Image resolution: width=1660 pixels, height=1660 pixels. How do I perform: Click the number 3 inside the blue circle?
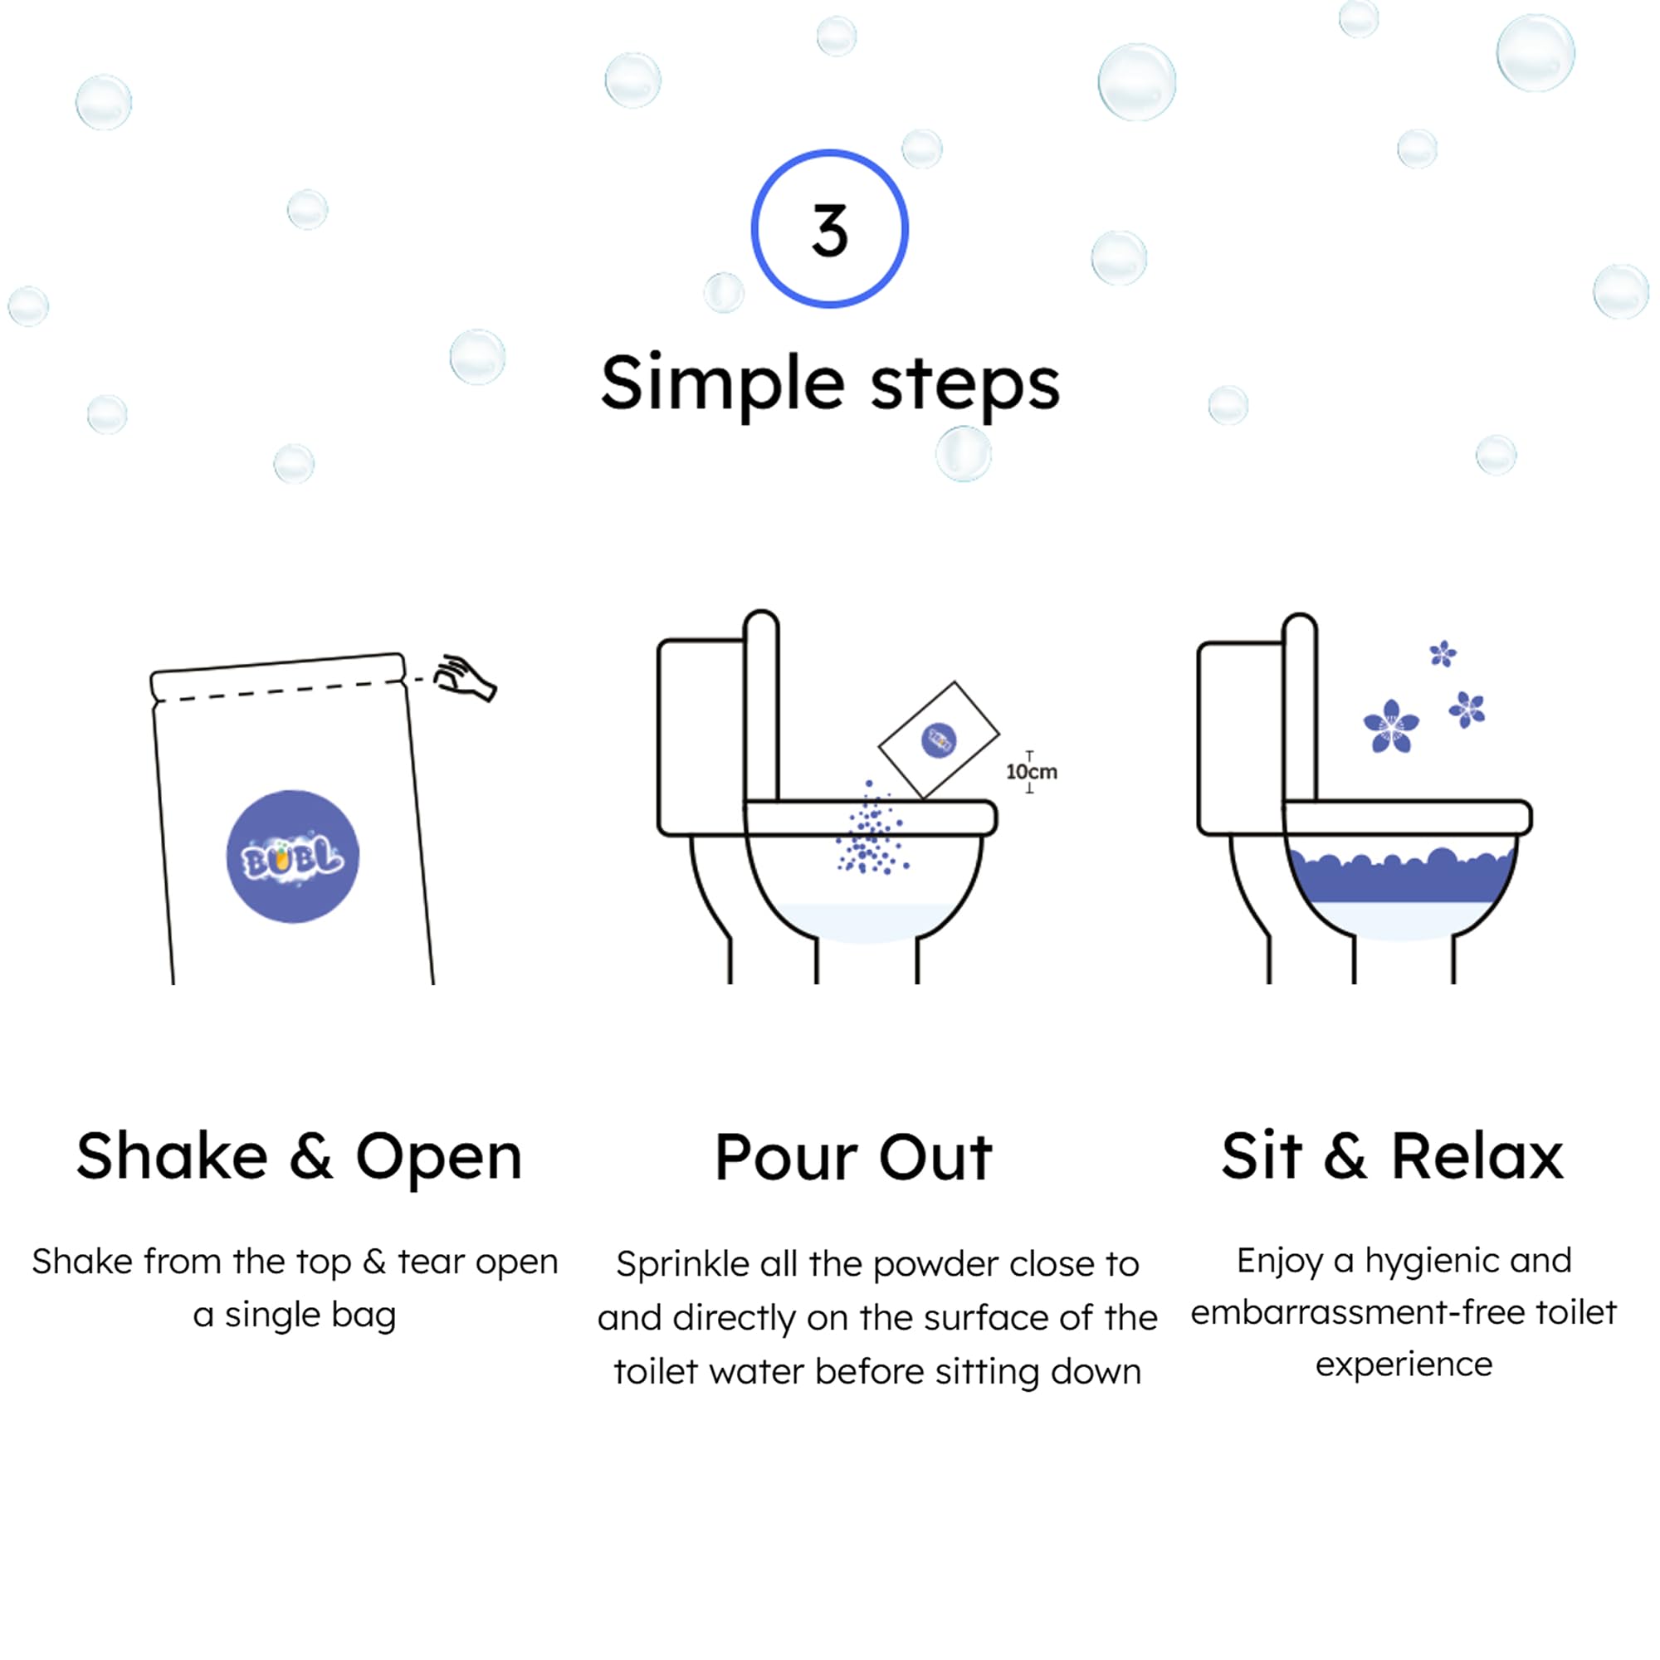click(x=829, y=230)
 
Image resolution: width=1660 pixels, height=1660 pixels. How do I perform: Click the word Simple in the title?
click(x=722, y=383)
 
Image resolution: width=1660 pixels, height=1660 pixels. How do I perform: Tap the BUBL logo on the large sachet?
click(x=292, y=857)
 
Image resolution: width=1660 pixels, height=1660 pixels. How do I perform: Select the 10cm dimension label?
click(x=1031, y=772)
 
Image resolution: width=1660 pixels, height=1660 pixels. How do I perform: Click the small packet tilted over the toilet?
click(x=938, y=739)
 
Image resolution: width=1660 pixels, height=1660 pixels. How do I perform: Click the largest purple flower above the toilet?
click(x=1391, y=727)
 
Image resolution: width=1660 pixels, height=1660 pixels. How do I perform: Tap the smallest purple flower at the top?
click(x=1443, y=654)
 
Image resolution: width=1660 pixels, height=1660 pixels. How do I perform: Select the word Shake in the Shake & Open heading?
click(x=172, y=1156)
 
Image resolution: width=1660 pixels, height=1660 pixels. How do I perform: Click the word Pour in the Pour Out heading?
click(x=785, y=1158)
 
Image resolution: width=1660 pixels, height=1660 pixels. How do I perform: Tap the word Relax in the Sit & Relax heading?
click(x=1477, y=1156)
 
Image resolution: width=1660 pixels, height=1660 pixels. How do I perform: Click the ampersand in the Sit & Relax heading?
click(x=1345, y=1156)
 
